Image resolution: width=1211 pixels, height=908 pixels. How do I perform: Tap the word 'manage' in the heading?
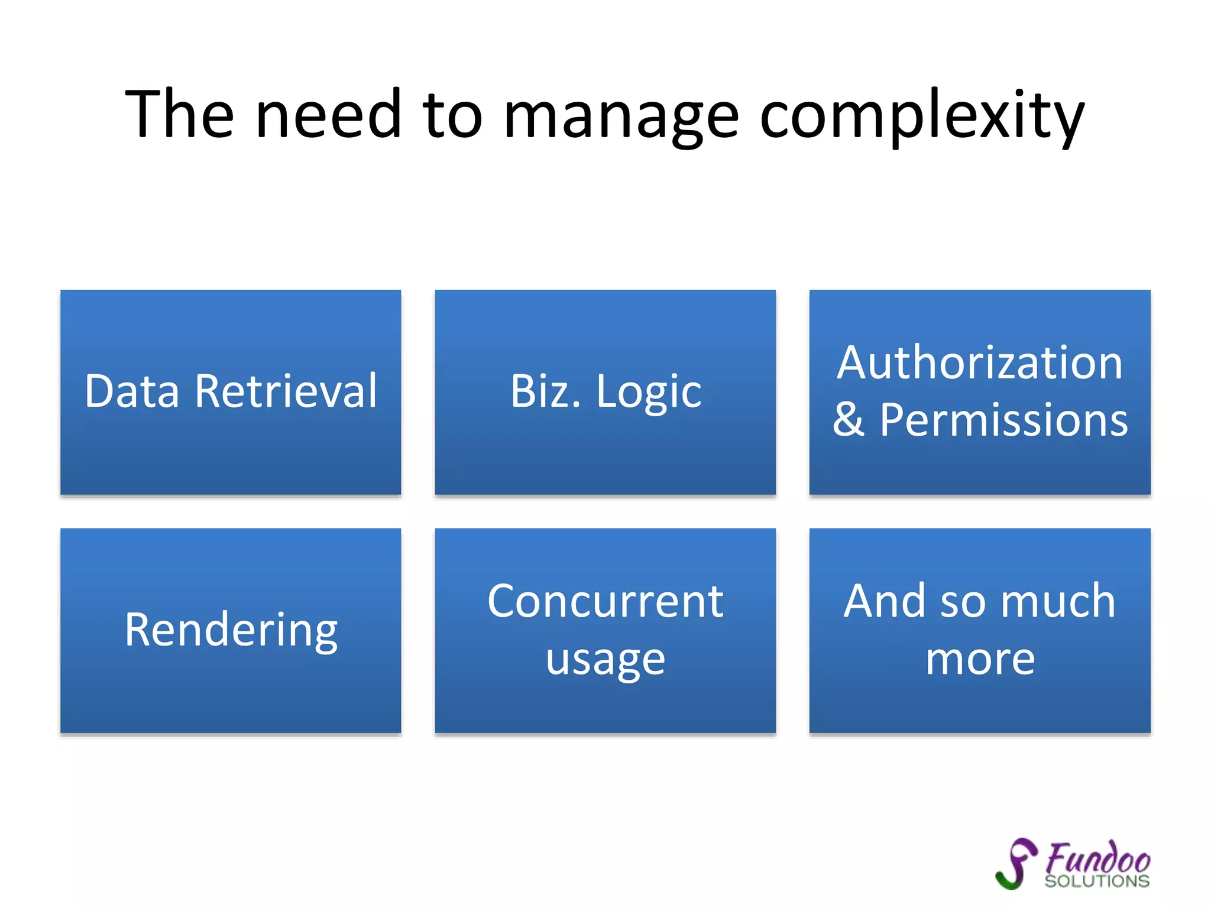click(x=620, y=115)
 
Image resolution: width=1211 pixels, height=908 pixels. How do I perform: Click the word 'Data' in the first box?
click(x=132, y=391)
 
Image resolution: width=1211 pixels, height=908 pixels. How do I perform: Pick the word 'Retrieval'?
click(x=286, y=391)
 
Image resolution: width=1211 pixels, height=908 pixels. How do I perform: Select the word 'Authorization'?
click(x=980, y=363)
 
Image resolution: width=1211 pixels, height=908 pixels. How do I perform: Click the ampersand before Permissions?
click(x=849, y=420)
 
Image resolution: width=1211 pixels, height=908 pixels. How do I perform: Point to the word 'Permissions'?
click(x=1003, y=420)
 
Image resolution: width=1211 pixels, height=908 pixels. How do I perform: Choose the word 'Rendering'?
click(x=231, y=631)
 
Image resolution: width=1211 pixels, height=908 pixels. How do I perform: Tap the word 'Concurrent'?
click(x=605, y=602)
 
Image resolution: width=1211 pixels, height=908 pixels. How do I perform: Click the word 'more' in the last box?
click(x=980, y=659)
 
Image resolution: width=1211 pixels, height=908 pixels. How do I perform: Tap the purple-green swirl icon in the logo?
click(x=1016, y=864)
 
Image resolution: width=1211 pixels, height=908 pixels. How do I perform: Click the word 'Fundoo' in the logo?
click(x=1097, y=858)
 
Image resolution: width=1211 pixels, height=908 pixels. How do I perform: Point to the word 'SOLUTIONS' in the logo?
click(x=1096, y=881)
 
